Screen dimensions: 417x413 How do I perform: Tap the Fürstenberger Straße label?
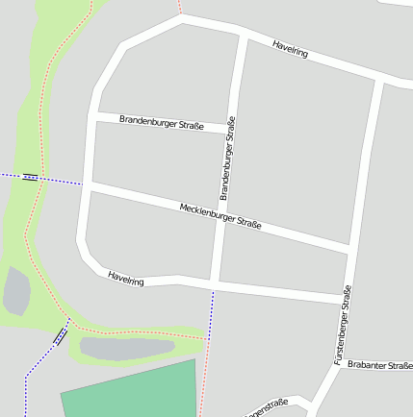(343, 324)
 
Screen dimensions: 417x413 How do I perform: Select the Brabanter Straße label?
(379, 365)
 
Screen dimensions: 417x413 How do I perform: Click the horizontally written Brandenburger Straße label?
(161, 123)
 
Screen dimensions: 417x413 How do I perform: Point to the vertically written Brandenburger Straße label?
(227, 158)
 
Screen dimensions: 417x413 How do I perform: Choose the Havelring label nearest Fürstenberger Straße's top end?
(290, 49)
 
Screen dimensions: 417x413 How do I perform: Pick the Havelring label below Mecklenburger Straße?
(126, 278)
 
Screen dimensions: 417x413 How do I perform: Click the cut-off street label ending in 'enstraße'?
(268, 408)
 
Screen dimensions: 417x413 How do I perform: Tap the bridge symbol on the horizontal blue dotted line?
(30, 177)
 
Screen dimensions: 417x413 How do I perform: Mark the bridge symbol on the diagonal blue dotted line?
(61, 335)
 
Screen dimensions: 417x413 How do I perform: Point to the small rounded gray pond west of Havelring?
(16, 291)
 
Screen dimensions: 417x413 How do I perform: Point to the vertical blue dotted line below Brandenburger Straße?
(210, 307)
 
